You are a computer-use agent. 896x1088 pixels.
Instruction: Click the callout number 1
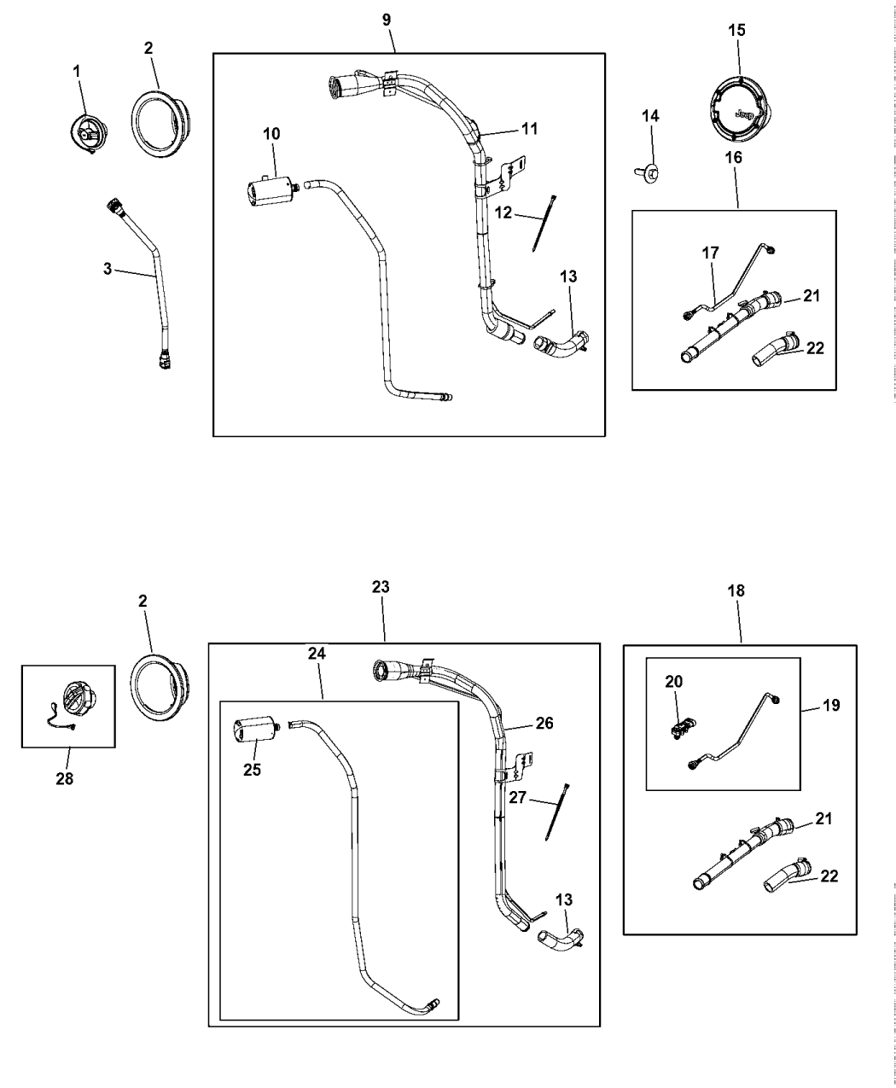[x=77, y=73]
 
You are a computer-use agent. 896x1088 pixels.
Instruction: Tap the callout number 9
[x=389, y=19]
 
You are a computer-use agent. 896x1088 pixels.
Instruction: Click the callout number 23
[x=381, y=587]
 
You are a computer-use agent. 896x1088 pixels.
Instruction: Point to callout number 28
[x=64, y=778]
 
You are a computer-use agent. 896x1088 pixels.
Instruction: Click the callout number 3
[x=108, y=269]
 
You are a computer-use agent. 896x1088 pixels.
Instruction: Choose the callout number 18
[x=736, y=591]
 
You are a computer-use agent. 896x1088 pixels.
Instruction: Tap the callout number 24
[x=317, y=653]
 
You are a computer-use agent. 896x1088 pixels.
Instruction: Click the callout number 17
[x=710, y=253]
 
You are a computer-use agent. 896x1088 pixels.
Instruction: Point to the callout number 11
[x=529, y=130]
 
